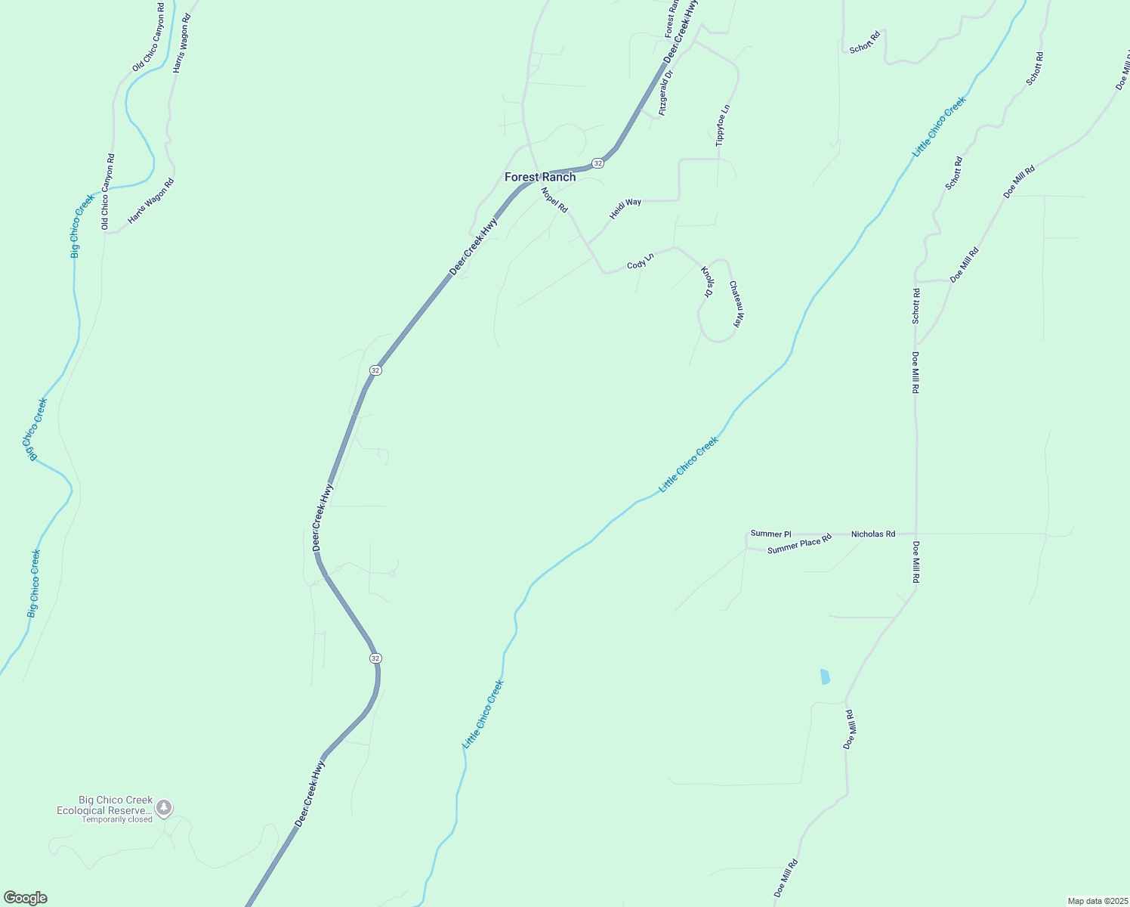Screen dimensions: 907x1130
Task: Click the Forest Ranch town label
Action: tap(540, 177)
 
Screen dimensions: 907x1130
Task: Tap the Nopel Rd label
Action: tap(554, 200)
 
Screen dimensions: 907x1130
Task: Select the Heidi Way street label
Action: tap(625, 209)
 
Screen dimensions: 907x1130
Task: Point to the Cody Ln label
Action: tap(640, 262)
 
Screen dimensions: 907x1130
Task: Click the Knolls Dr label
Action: tap(707, 281)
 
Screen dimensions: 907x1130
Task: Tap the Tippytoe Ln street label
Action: tap(723, 125)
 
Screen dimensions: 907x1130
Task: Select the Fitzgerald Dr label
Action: tap(665, 93)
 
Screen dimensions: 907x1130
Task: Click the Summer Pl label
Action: tap(770, 534)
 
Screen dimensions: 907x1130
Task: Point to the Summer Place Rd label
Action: tap(799, 544)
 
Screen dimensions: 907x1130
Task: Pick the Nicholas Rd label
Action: tap(873, 534)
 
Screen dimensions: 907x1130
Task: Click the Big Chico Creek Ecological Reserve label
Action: tap(105, 805)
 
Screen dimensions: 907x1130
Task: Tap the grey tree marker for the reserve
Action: tap(164, 807)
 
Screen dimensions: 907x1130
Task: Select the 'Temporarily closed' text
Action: tap(117, 819)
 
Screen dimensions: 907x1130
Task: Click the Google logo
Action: tap(25, 898)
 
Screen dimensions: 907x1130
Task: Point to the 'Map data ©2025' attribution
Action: tap(1096, 901)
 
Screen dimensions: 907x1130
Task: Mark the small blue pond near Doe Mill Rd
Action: tap(825, 676)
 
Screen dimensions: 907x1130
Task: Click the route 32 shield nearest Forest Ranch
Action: tap(597, 163)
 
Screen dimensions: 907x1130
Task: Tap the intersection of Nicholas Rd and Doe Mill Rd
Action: tap(916, 534)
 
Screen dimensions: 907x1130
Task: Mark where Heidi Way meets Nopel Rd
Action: tap(587, 243)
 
